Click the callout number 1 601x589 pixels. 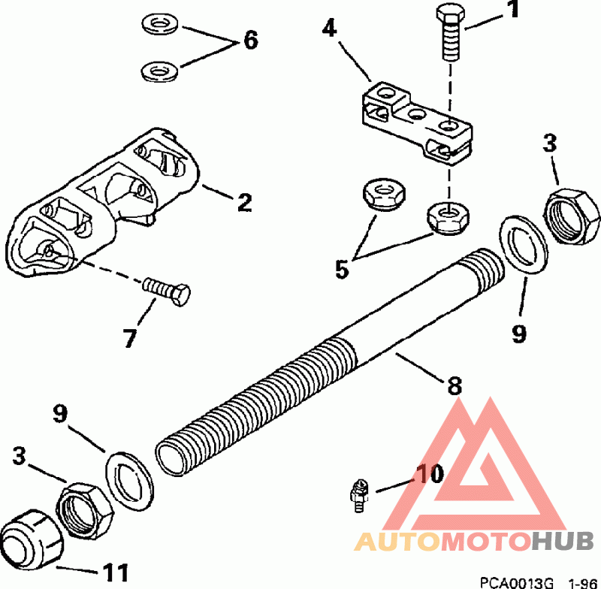[512, 11]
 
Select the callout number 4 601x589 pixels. [328, 31]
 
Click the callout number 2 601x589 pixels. [244, 202]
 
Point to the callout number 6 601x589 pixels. [249, 40]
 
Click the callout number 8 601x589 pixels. [454, 387]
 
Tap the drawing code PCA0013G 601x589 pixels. [516, 582]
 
